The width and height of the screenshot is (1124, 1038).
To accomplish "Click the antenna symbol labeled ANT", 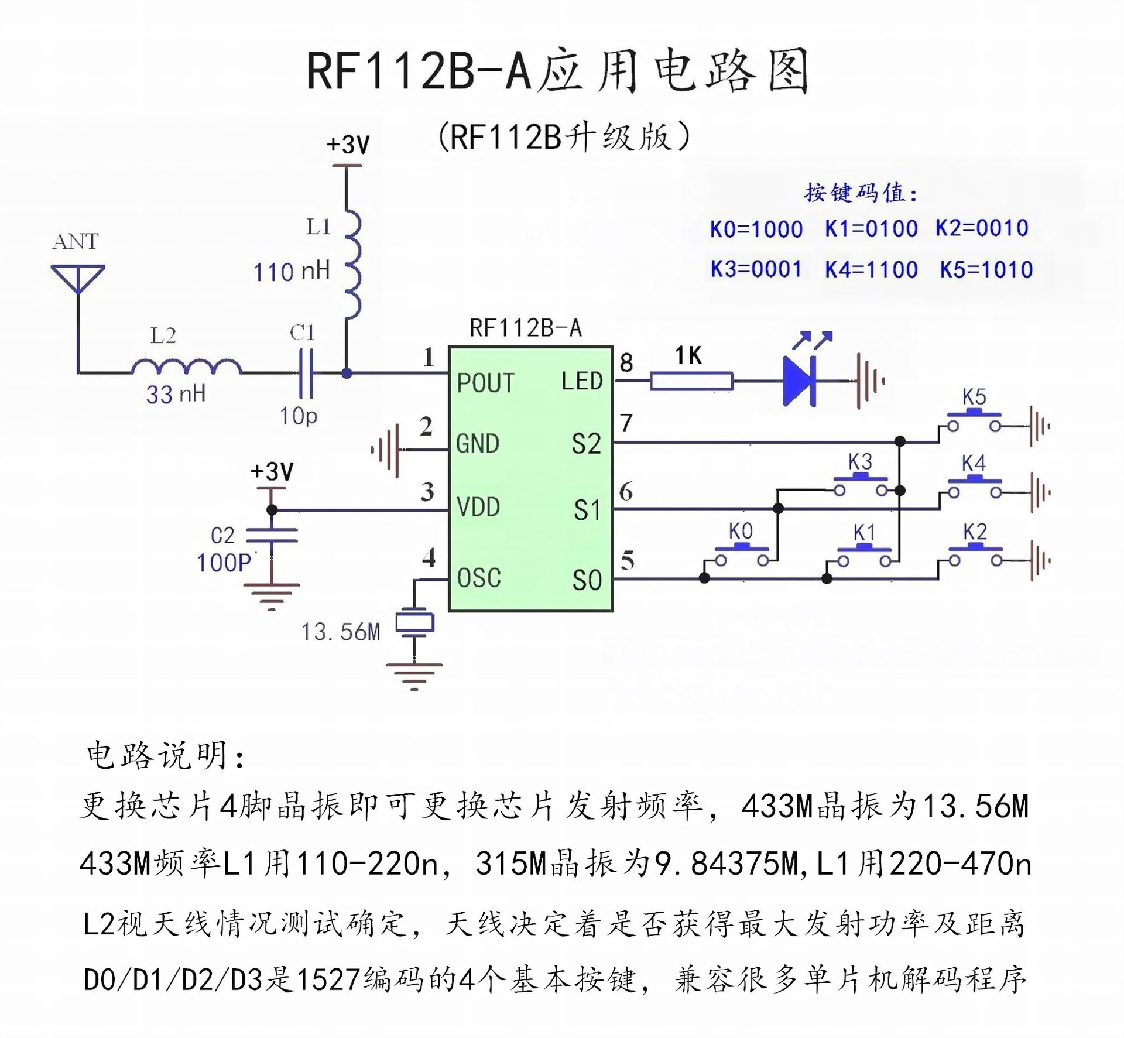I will [x=78, y=279].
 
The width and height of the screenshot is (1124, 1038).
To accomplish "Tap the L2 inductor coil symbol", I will [x=186, y=366].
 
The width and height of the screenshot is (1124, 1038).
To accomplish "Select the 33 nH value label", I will [x=176, y=394].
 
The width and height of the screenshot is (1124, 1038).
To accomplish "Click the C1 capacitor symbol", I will [x=305, y=373].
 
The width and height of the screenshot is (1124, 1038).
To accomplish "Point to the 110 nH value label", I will [x=291, y=272].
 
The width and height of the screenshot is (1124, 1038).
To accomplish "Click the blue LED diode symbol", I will [x=799, y=381].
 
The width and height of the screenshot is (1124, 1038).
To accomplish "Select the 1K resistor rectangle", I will [x=691, y=381].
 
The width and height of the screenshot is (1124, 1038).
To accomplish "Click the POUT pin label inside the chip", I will [x=485, y=383].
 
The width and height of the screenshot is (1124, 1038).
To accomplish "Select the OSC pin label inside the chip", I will [x=479, y=578].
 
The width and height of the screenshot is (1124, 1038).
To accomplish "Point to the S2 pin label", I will [x=586, y=444].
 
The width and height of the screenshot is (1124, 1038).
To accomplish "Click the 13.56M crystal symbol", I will [x=414, y=622].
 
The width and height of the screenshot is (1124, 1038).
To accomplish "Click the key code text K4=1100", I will [x=871, y=270].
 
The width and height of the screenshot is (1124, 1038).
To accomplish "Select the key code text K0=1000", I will [x=756, y=229].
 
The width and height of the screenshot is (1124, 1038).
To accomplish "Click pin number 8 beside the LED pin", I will [x=626, y=363].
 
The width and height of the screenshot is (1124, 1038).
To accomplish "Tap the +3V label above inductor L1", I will [x=348, y=144].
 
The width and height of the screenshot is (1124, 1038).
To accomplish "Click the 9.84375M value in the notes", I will [x=726, y=864].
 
